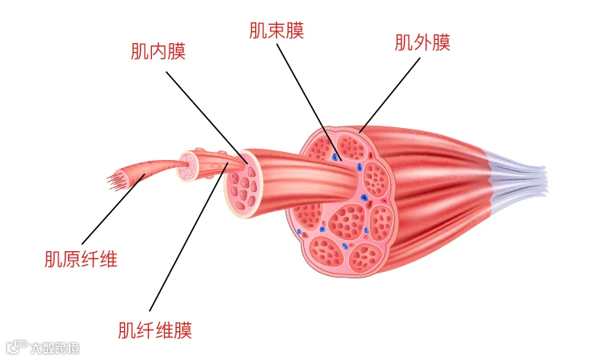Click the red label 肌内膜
click(158, 52)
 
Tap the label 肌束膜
click(276, 30)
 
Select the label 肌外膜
click(422, 42)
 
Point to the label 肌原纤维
click(81, 259)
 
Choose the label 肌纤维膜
click(154, 330)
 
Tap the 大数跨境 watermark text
click(54, 348)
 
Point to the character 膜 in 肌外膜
click(441, 42)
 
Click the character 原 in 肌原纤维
click(72, 259)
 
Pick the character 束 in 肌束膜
click(276, 30)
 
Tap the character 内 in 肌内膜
click(158, 52)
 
